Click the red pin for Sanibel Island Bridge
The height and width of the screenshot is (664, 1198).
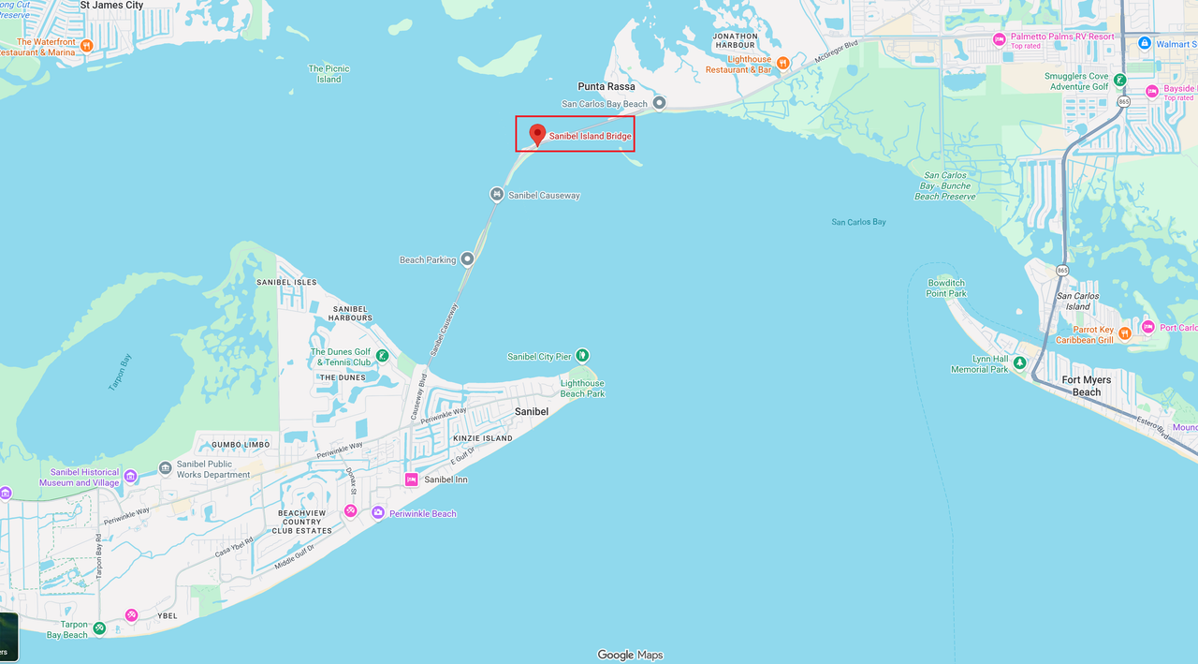[x=537, y=134]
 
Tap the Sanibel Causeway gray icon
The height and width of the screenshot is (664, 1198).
[x=497, y=195]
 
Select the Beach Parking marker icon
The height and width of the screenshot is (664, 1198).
[x=467, y=259]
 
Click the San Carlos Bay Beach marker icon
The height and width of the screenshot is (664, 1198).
[x=659, y=103]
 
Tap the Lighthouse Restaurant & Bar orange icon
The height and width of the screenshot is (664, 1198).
[x=783, y=64]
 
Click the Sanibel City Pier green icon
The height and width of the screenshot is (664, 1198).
[x=581, y=355]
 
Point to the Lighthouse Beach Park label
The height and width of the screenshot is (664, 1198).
[x=582, y=389]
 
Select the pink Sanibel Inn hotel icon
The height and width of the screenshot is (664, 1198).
[x=411, y=480]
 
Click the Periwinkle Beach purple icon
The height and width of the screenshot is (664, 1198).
[x=378, y=512]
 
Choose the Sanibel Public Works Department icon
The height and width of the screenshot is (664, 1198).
[x=166, y=466]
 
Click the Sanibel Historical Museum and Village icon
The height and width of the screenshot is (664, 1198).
[x=130, y=477]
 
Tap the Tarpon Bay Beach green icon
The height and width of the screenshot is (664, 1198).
[x=99, y=627]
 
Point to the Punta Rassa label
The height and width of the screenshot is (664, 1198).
[x=606, y=86]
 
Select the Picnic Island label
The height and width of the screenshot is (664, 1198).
[x=329, y=74]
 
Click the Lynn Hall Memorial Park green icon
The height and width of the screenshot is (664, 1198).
[x=1019, y=362]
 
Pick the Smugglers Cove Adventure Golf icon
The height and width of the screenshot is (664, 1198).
[x=1119, y=80]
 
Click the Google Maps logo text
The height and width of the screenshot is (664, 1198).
[x=630, y=655]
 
